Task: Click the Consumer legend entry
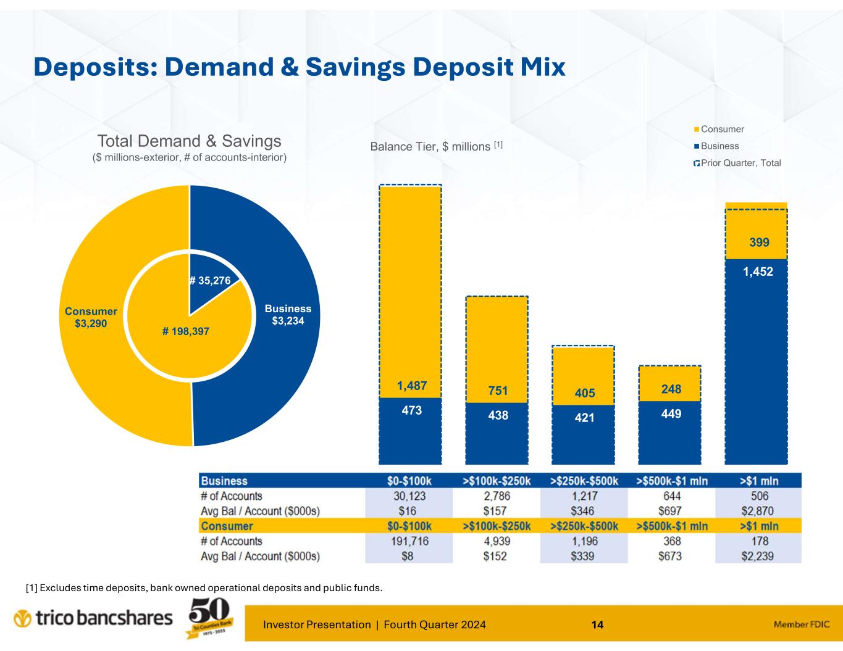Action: click(722, 130)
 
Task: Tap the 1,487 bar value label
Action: click(412, 386)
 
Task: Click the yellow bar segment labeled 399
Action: click(756, 234)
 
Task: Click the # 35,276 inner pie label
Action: click(210, 281)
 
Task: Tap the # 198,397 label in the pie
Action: click(186, 331)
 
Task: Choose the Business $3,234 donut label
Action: click(288, 315)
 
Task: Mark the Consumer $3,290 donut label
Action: click(91, 318)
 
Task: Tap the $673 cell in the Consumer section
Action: click(672, 556)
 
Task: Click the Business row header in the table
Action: click(224, 481)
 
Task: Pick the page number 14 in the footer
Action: click(597, 624)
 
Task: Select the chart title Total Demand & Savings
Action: click(189, 141)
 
